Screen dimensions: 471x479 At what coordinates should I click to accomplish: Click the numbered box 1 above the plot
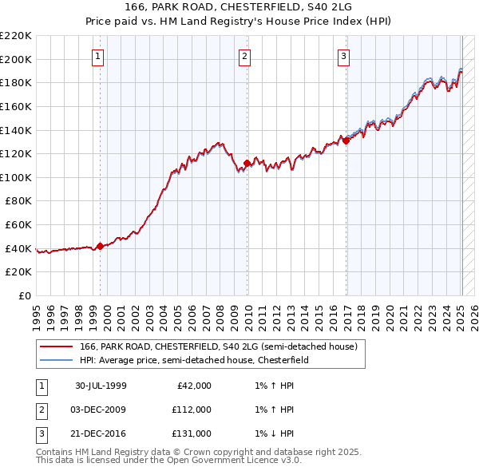pyautogui.click(x=97, y=56)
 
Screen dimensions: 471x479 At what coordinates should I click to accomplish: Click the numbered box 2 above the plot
pyautogui.click(x=243, y=56)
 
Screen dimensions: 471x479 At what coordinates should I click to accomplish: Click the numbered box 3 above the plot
pyautogui.click(x=342, y=56)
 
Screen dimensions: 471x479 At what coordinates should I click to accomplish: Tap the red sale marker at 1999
pyautogui.click(x=100, y=246)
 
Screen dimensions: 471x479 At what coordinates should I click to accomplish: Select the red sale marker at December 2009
pyautogui.click(x=247, y=164)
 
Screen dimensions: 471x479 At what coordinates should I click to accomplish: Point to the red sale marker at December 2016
pyautogui.click(x=346, y=141)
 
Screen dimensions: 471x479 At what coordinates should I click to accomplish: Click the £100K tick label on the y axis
pyautogui.click(x=16, y=177)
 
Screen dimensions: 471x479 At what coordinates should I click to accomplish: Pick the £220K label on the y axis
pyautogui.click(x=16, y=36)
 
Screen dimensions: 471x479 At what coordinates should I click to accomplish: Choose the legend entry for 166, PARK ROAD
pyautogui.click(x=222, y=346)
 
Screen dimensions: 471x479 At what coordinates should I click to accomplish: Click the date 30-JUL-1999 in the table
pyautogui.click(x=101, y=386)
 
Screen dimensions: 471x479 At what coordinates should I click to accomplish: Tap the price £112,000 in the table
pyautogui.click(x=191, y=410)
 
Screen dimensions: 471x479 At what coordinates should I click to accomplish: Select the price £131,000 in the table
pyautogui.click(x=191, y=433)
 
